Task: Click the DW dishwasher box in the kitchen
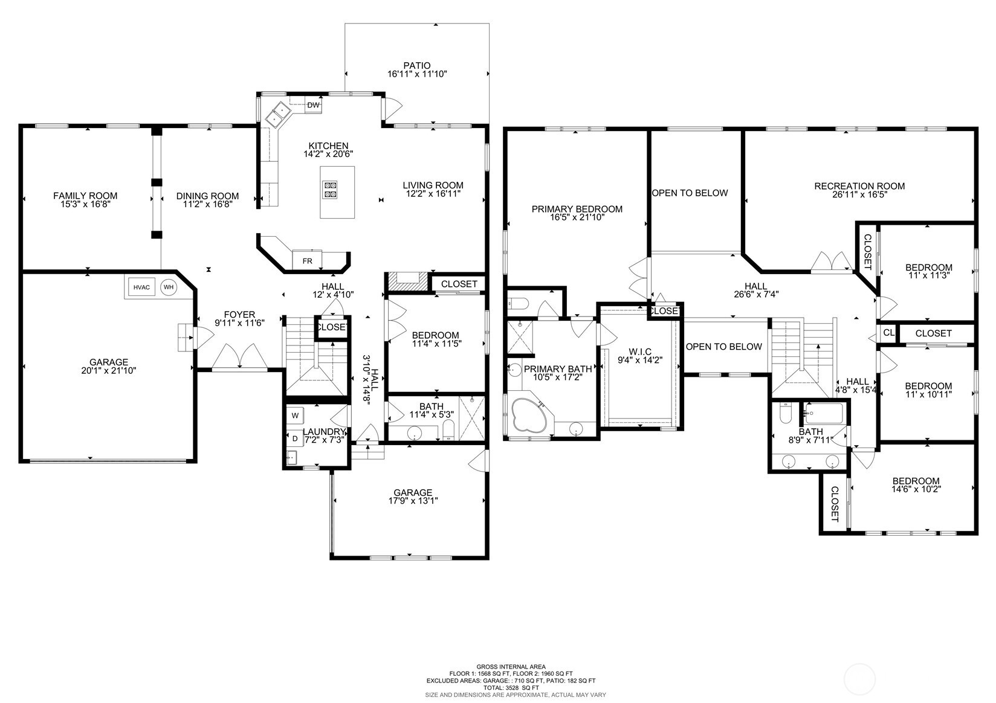(x=313, y=106)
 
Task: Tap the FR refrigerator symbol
(x=307, y=260)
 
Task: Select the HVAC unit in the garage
(x=141, y=287)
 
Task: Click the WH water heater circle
(x=169, y=287)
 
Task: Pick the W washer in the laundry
(x=295, y=416)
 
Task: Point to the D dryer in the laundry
(x=295, y=438)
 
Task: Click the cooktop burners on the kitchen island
(x=331, y=190)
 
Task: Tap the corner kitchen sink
(x=279, y=114)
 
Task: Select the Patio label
(x=417, y=66)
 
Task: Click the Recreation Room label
(x=859, y=186)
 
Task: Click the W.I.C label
(x=639, y=351)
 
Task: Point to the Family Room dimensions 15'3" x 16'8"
(x=85, y=205)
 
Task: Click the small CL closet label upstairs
(x=888, y=333)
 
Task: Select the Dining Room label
(x=207, y=196)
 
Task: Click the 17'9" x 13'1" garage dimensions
(x=413, y=501)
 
